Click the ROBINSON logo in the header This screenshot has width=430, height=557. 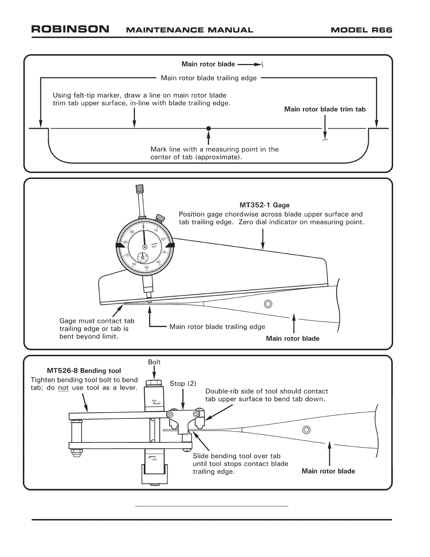click(70, 29)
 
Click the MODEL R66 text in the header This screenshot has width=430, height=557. click(361, 30)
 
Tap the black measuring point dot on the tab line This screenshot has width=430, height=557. click(208, 128)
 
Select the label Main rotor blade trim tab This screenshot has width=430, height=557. click(325, 109)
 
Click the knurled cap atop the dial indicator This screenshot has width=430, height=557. click(139, 188)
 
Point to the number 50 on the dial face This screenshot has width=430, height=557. click(146, 268)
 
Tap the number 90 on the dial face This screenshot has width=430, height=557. click(132, 232)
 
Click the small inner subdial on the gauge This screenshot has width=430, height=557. click(142, 258)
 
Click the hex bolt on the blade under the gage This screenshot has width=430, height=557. click(268, 304)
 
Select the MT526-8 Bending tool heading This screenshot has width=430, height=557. click(84, 371)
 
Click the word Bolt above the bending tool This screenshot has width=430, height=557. click(154, 362)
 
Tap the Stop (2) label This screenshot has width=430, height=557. click(183, 384)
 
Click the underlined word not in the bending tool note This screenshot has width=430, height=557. click(63, 388)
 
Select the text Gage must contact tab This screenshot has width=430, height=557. click(97, 321)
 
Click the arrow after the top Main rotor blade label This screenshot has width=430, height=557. click(250, 64)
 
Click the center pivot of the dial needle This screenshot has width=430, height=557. click(144, 248)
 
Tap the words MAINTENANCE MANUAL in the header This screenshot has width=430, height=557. click(189, 30)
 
